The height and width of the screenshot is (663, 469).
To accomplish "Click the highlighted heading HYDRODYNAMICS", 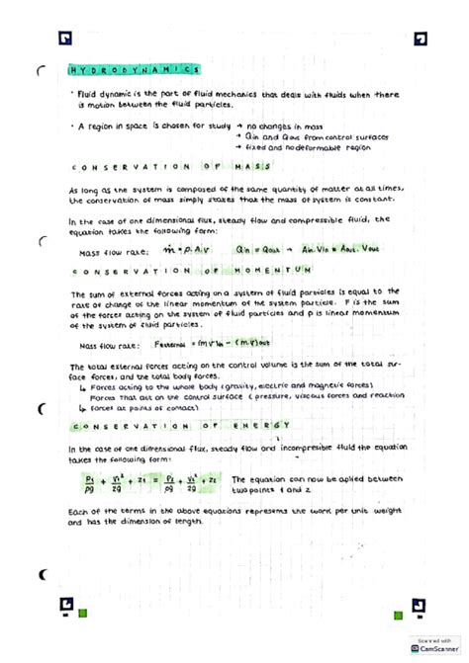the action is (x=135, y=71).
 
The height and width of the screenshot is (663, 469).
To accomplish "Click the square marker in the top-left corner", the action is (x=65, y=40).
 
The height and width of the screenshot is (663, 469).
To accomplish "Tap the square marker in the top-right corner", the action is (x=421, y=40).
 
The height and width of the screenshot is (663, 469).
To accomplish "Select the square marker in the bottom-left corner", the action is (x=65, y=606).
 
